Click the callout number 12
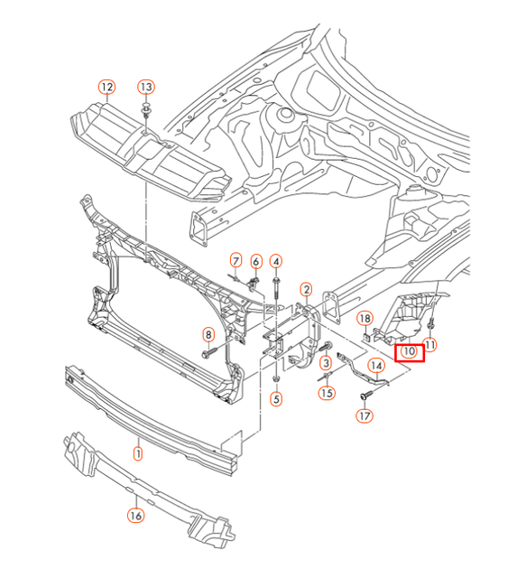tap(107, 87)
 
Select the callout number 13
tap(146, 87)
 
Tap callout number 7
tap(235, 261)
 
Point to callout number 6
tap(255, 261)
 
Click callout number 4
tap(276, 261)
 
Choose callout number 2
tap(307, 290)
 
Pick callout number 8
tap(208, 334)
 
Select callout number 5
tap(276, 397)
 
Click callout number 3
tap(326, 362)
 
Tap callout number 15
tap(326, 392)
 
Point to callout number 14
tap(376, 366)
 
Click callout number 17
tap(365, 416)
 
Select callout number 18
tap(365, 318)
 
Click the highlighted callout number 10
tap(408, 350)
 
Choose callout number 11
tap(430, 344)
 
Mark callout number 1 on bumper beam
tap(138, 454)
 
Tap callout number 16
tap(134, 516)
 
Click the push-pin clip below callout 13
tap(146, 112)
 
